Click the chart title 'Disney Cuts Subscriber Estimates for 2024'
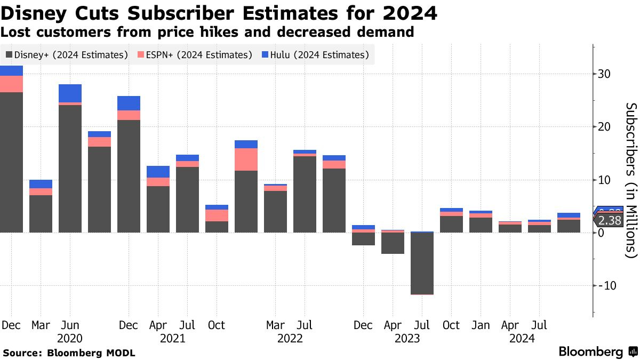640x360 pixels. tap(219, 13)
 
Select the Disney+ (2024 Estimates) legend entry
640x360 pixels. tap(67, 55)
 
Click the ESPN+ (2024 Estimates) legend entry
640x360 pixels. tap(195, 55)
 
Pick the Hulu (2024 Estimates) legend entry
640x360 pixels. tap(316, 55)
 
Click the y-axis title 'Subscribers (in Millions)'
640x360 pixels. tap(631, 180)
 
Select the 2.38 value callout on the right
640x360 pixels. tap(609, 221)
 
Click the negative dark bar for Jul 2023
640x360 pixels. tap(422, 263)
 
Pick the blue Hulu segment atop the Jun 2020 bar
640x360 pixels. tap(70, 93)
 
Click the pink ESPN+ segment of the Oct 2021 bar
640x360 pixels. tap(217, 215)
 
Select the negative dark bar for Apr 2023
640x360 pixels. tap(393, 243)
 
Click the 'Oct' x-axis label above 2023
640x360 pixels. tap(451, 325)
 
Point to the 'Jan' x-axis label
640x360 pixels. tap(481, 325)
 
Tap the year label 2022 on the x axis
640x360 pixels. tap(290, 338)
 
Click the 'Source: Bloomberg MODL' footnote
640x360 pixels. tap(69, 353)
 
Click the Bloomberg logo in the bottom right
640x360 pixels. tap(598, 352)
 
